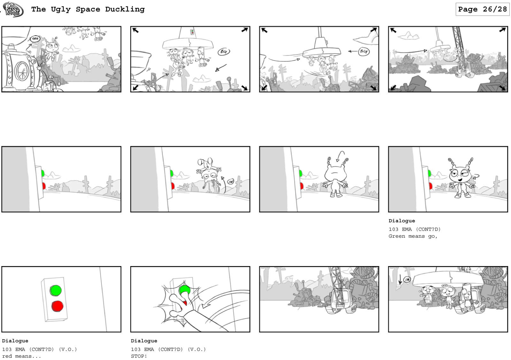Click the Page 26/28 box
point(482,9)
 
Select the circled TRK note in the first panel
point(35,39)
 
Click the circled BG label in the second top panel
point(224,51)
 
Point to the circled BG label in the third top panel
point(363,51)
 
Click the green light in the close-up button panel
point(56,290)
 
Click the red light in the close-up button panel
point(57,306)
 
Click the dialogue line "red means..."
point(21,356)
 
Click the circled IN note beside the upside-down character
point(230,181)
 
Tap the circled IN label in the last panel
point(407,280)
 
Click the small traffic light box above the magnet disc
point(192,32)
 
